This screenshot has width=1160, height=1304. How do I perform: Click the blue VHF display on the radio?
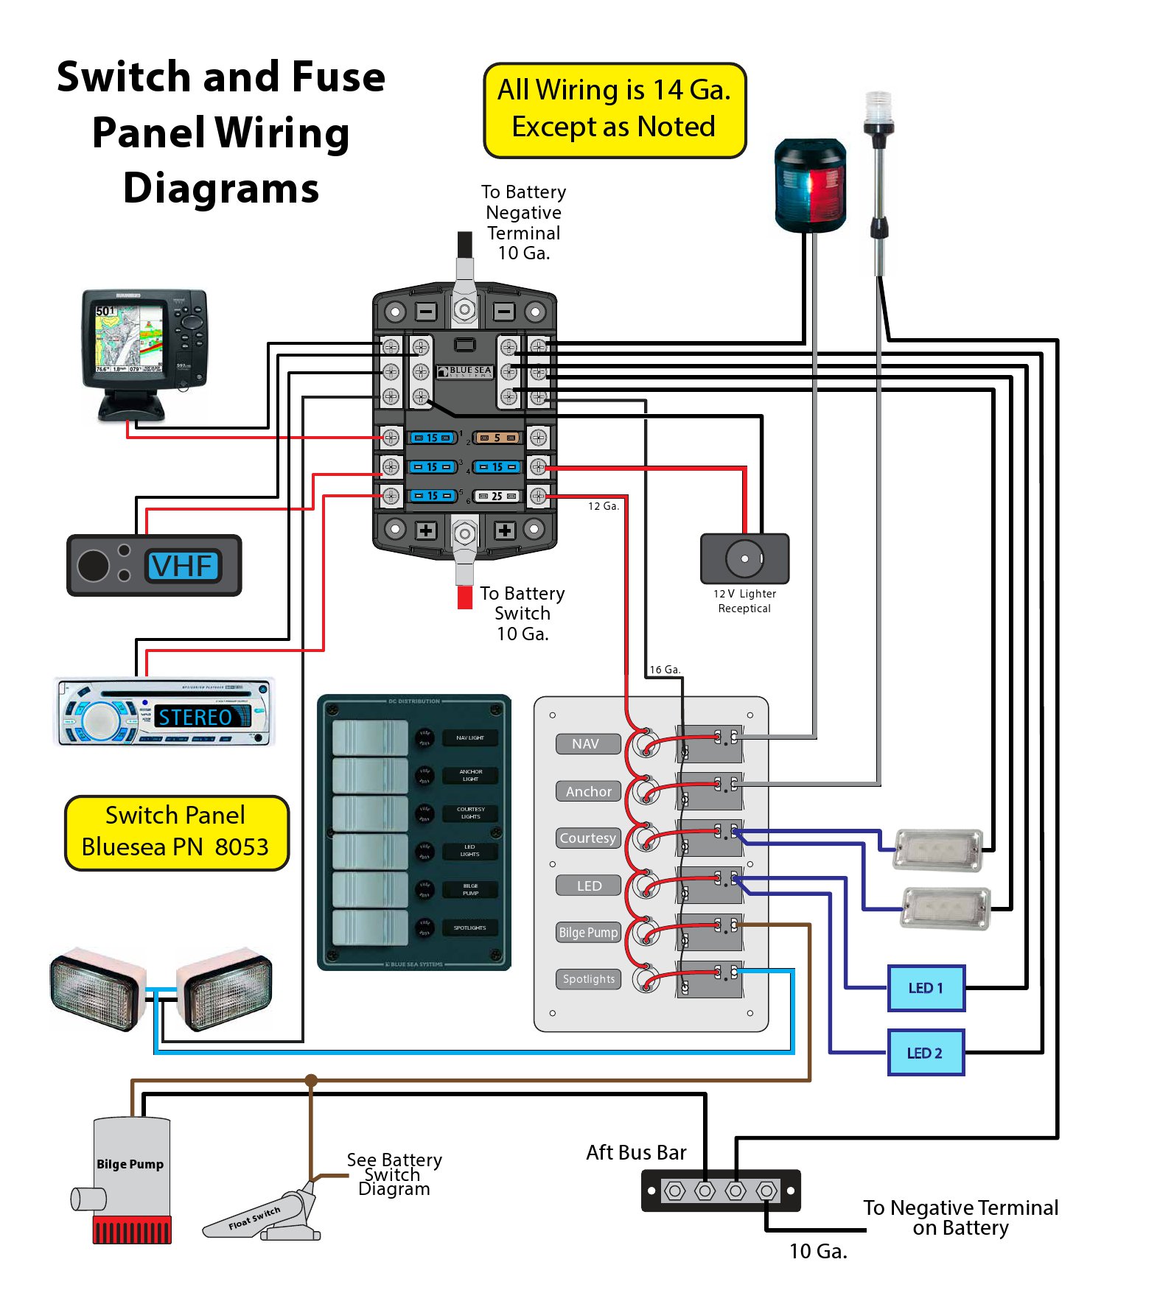point(183,566)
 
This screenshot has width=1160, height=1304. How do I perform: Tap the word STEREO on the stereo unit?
point(195,717)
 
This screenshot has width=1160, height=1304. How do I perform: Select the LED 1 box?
point(926,988)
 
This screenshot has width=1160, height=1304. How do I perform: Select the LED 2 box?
point(925,1053)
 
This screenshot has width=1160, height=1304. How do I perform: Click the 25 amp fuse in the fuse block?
point(497,496)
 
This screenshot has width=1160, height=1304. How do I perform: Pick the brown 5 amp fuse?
point(497,438)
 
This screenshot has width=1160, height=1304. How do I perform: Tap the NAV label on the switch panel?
point(586,744)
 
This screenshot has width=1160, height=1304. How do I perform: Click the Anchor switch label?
point(589,791)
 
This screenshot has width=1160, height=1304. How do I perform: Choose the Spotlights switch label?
point(588,979)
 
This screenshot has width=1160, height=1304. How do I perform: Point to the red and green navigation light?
point(809,184)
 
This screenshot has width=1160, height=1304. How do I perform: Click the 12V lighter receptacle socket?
point(744,558)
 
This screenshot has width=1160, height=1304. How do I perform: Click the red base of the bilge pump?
point(132,1230)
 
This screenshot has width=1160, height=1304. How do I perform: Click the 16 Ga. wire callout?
point(664,670)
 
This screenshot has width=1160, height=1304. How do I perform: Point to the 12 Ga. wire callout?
point(603,506)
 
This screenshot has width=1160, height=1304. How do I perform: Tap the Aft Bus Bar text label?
point(636,1152)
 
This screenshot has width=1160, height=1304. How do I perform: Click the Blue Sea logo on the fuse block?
point(465,371)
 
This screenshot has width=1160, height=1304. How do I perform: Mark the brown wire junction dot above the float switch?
point(311,1081)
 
